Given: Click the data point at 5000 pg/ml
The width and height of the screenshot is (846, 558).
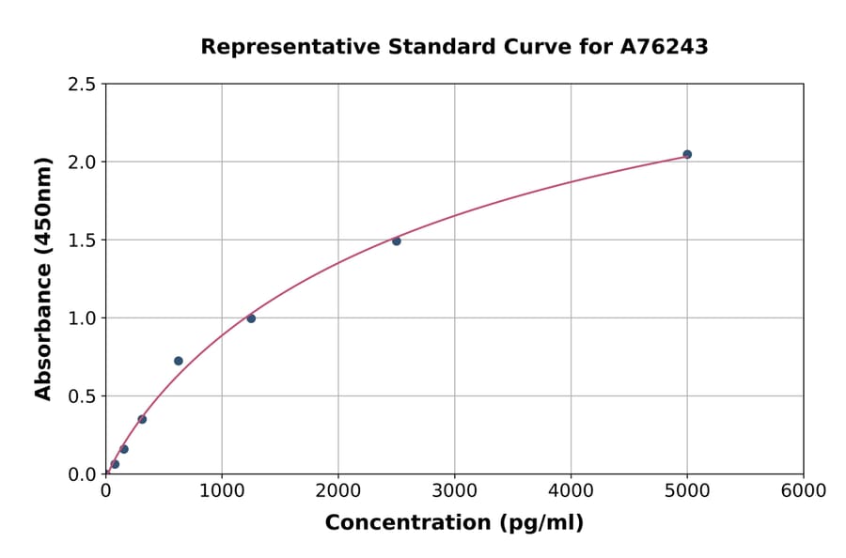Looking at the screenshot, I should click(687, 154).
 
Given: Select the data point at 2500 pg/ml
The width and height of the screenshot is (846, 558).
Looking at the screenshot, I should click(397, 241).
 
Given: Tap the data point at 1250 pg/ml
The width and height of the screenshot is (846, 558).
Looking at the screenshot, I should click(251, 318).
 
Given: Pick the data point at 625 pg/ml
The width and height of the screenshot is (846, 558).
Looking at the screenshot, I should click(179, 361).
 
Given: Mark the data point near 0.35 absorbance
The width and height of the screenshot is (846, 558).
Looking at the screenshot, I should click(142, 419).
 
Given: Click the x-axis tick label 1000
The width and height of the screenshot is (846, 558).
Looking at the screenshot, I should click(222, 491).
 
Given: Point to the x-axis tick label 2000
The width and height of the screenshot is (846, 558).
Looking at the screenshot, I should click(338, 491).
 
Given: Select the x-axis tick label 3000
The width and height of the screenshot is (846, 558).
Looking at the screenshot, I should click(455, 491).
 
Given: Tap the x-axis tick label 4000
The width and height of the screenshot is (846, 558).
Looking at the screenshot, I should click(571, 491).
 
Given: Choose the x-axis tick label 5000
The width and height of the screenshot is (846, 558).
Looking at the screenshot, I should click(687, 491).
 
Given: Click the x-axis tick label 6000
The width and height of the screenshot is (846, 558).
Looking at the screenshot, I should click(803, 491).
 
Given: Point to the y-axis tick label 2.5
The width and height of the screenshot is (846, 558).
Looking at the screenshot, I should click(82, 85).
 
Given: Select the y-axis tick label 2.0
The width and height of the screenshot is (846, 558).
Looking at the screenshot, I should click(82, 163).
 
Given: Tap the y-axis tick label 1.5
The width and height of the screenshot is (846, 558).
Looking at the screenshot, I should click(82, 240).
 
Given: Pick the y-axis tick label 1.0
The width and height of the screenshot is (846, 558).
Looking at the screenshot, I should click(82, 318).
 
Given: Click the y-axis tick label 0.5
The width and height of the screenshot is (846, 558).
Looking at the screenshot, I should click(82, 396).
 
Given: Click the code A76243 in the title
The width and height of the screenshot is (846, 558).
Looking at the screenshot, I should click(664, 47).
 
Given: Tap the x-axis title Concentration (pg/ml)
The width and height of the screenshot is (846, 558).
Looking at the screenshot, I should click(454, 523).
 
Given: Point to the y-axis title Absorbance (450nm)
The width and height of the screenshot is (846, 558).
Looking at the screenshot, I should click(43, 278).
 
